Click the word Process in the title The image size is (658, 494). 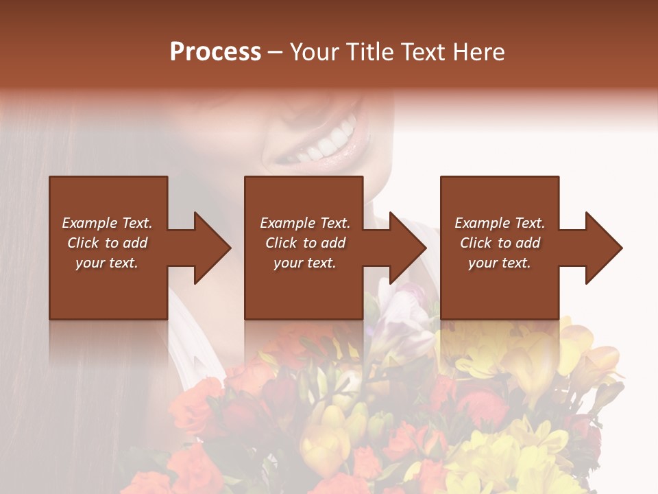(215, 52)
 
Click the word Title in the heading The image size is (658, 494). (369, 52)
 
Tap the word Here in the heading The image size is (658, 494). (478, 52)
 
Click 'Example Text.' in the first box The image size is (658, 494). (107, 223)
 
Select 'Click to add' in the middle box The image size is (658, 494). (305, 243)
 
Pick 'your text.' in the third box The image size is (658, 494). (500, 263)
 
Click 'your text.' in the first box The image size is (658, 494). (107, 263)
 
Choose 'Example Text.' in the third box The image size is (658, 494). (500, 223)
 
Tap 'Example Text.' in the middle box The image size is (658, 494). (305, 223)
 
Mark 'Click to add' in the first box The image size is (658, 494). (107, 243)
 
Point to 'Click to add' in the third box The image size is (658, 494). (500, 243)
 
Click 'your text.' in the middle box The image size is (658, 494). (305, 263)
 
